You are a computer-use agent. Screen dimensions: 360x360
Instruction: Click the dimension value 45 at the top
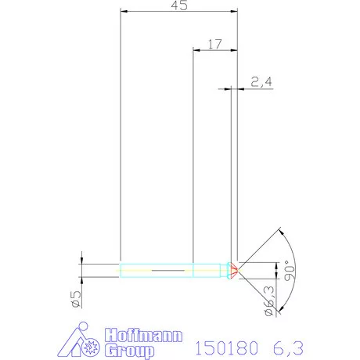pos(179,5)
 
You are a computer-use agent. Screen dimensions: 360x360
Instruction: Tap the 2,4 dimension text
pos(261,81)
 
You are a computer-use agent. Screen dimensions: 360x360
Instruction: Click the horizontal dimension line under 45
pos(178,13)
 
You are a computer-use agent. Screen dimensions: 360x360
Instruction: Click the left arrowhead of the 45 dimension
pos(123,13)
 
